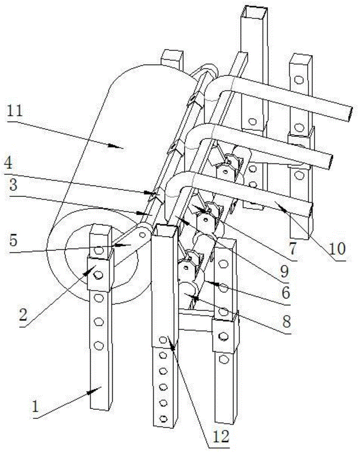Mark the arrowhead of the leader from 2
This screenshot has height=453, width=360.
[94, 269]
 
